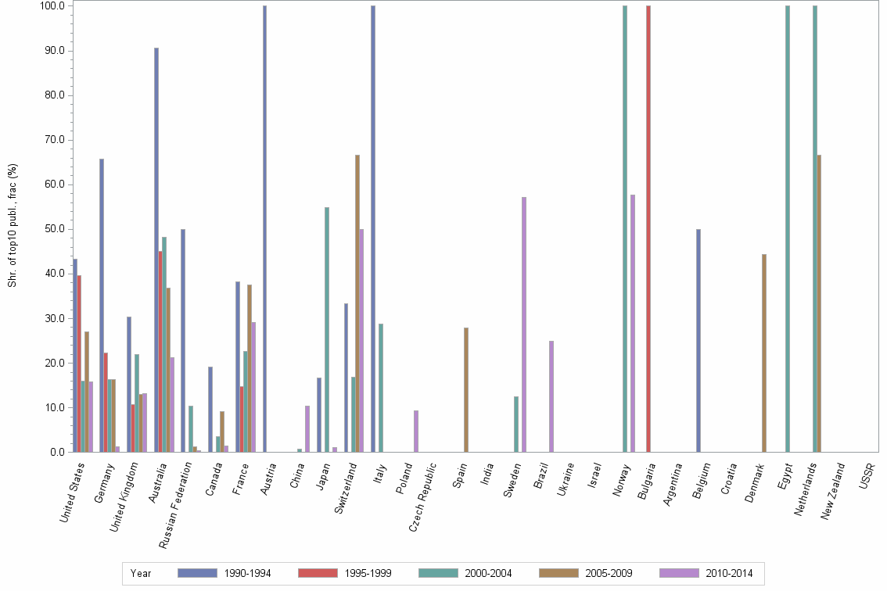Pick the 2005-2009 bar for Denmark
764,353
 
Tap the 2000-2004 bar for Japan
327,329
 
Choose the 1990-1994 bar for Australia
156,249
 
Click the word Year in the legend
141,574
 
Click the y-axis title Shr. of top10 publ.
12,227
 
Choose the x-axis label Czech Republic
426,492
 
